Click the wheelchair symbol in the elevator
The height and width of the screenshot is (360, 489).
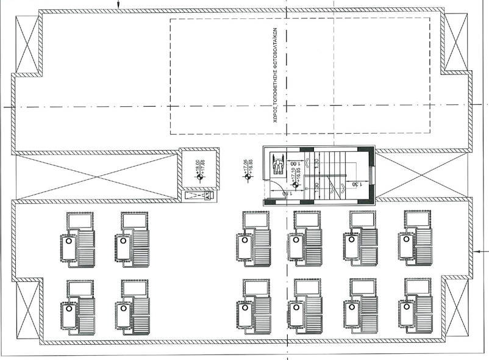(x=278, y=164)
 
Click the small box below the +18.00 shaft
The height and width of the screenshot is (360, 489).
(x=198, y=195)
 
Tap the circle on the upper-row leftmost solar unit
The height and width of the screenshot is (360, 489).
(x=69, y=242)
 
